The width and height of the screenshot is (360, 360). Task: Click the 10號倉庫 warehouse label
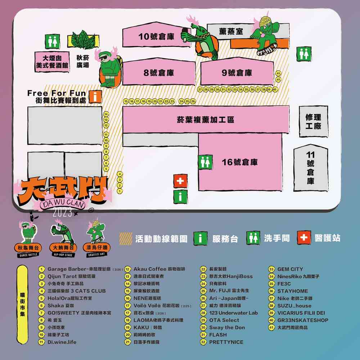click(156, 36)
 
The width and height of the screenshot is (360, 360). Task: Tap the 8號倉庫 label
click(159, 73)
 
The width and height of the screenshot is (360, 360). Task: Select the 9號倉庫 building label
click(237, 73)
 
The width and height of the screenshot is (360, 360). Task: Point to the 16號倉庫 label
click(240, 162)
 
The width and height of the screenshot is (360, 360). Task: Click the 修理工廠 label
click(313, 122)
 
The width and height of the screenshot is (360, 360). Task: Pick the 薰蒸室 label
click(231, 32)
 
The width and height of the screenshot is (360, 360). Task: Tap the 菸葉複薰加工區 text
click(205, 120)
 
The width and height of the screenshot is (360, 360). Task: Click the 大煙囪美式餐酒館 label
click(52, 62)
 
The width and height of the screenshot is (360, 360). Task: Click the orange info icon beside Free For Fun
click(95, 96)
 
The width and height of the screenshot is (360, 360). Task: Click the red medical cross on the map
click(180, 181)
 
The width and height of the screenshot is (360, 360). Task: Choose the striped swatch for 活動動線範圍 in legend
click(126, 238)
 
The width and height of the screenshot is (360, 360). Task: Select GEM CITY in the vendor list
click(290, 269)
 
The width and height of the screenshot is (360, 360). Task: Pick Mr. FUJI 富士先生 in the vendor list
click(229, 291)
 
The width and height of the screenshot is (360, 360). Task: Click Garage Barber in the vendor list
click(79, 269)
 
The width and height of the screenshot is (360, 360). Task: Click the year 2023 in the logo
click(62, 213)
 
